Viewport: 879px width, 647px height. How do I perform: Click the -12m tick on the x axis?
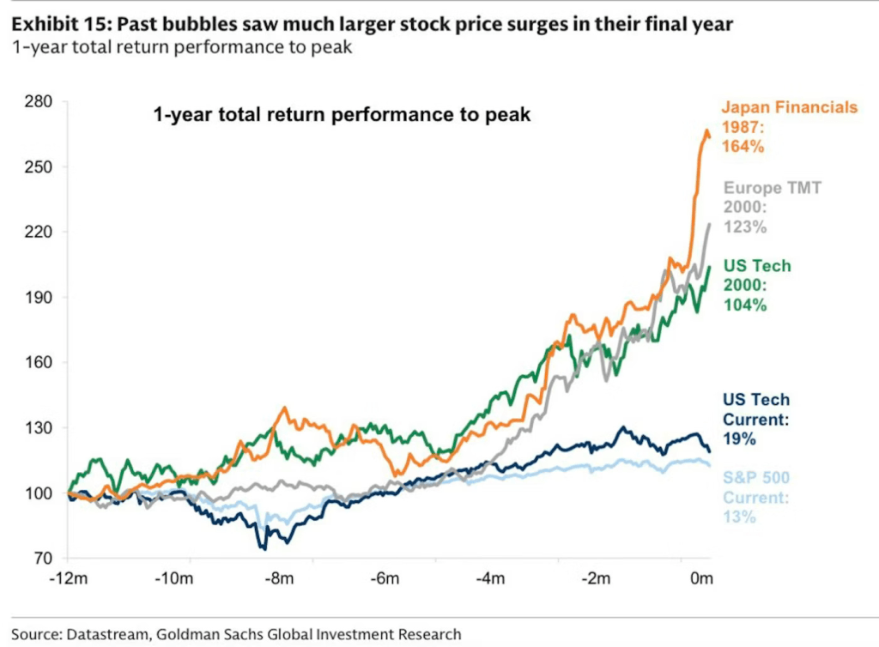pos(68,579)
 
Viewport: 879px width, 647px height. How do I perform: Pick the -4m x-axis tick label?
pos(491,579)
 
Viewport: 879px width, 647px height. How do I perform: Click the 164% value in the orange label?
pos(743,146)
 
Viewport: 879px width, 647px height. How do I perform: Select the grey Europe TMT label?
pos(773,188)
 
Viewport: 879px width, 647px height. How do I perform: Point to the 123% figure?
pos(744,227)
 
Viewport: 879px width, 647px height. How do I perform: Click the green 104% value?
pos(744,305)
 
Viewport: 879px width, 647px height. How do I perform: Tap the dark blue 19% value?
pos(739,438)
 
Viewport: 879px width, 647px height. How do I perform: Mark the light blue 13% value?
pos(739,517)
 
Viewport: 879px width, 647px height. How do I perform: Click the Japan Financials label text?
pos(789,107)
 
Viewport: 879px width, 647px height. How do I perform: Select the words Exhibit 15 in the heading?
pos(57,24)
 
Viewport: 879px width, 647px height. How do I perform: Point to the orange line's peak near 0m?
pos(706,131)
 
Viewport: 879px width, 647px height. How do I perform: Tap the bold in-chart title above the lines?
pos(342,114)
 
